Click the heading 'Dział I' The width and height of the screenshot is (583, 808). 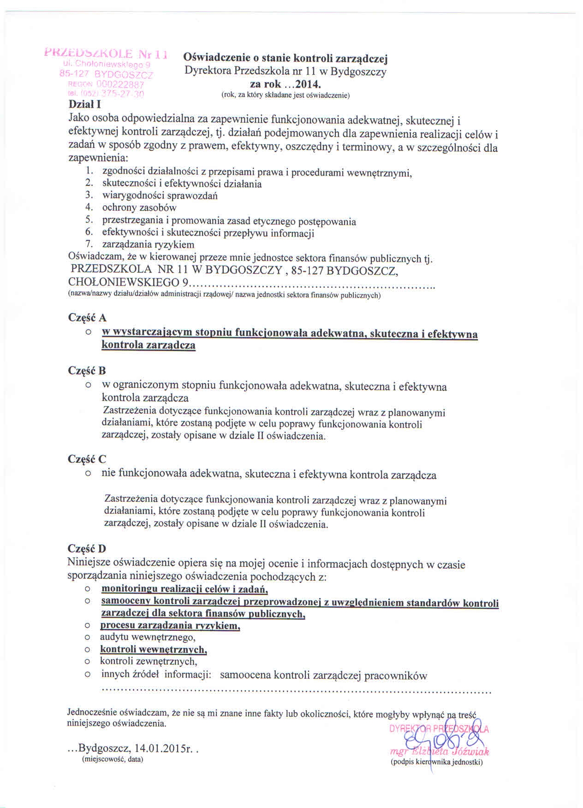[x=84, y=104]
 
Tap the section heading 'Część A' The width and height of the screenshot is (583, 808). [x=87, y=318]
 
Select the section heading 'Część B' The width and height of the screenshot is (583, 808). [x=87, y=371]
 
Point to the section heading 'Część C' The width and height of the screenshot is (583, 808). [x=87, y=459]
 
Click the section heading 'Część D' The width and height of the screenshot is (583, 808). [x=87, y=548]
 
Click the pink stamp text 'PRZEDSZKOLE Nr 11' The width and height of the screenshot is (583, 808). [x=106, y=54]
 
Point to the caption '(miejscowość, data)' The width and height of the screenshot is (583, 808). [x=112, y=759]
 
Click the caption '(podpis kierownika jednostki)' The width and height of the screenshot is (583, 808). [x=436, y=762]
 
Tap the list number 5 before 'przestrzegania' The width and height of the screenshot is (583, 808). [x=89, y=220]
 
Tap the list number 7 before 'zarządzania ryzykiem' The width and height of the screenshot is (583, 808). [x=89, y=244]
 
